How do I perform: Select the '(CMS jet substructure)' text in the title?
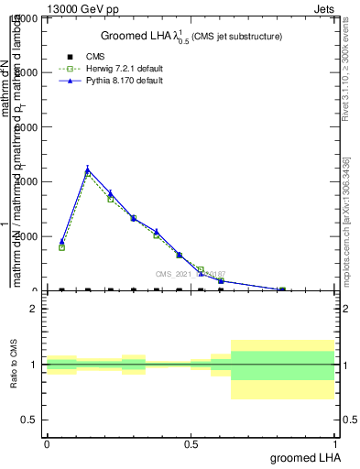click(x=236, y=36)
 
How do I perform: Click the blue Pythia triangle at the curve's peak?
click(x=88, y=169)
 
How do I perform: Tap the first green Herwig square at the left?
click(x=61, y=247)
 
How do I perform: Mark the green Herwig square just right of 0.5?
click(x=201, y=270)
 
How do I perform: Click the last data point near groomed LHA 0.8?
click(x=282, y=289)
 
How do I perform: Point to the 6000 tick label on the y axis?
click(x=27, y=127)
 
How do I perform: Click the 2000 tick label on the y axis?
click(x=27, y=236)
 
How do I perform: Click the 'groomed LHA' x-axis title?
click(x=303, y=457)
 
